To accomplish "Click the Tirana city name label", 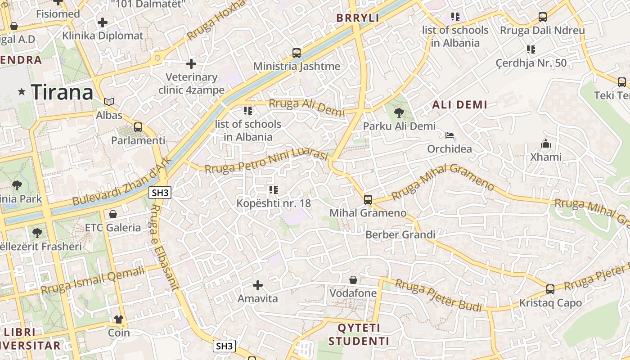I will (x=62, y=92).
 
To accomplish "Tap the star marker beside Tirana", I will (x=22, y=92).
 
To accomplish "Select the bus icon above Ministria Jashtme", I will (x=297, y=53).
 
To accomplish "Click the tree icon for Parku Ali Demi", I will (x=399, y=113).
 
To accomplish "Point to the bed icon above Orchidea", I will (x=449, y=135).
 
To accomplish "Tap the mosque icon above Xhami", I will (x=546, y=144).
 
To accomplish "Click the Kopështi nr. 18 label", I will (x=274, y=203).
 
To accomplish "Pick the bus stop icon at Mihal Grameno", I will (x=368, y=199).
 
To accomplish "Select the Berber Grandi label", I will (x=400, y=234).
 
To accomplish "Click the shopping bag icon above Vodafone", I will (x=353, y=280).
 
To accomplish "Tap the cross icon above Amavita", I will (x=258, y=285).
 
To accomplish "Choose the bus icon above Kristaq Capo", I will (x=550, y=289).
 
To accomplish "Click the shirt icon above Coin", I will (x=119, y=319).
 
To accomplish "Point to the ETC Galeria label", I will (x=113, y=227).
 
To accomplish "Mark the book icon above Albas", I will (x=109, y=102).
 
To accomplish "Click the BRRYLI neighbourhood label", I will (x=358, y=18).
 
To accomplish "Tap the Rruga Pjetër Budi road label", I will (x=439, y=295).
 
